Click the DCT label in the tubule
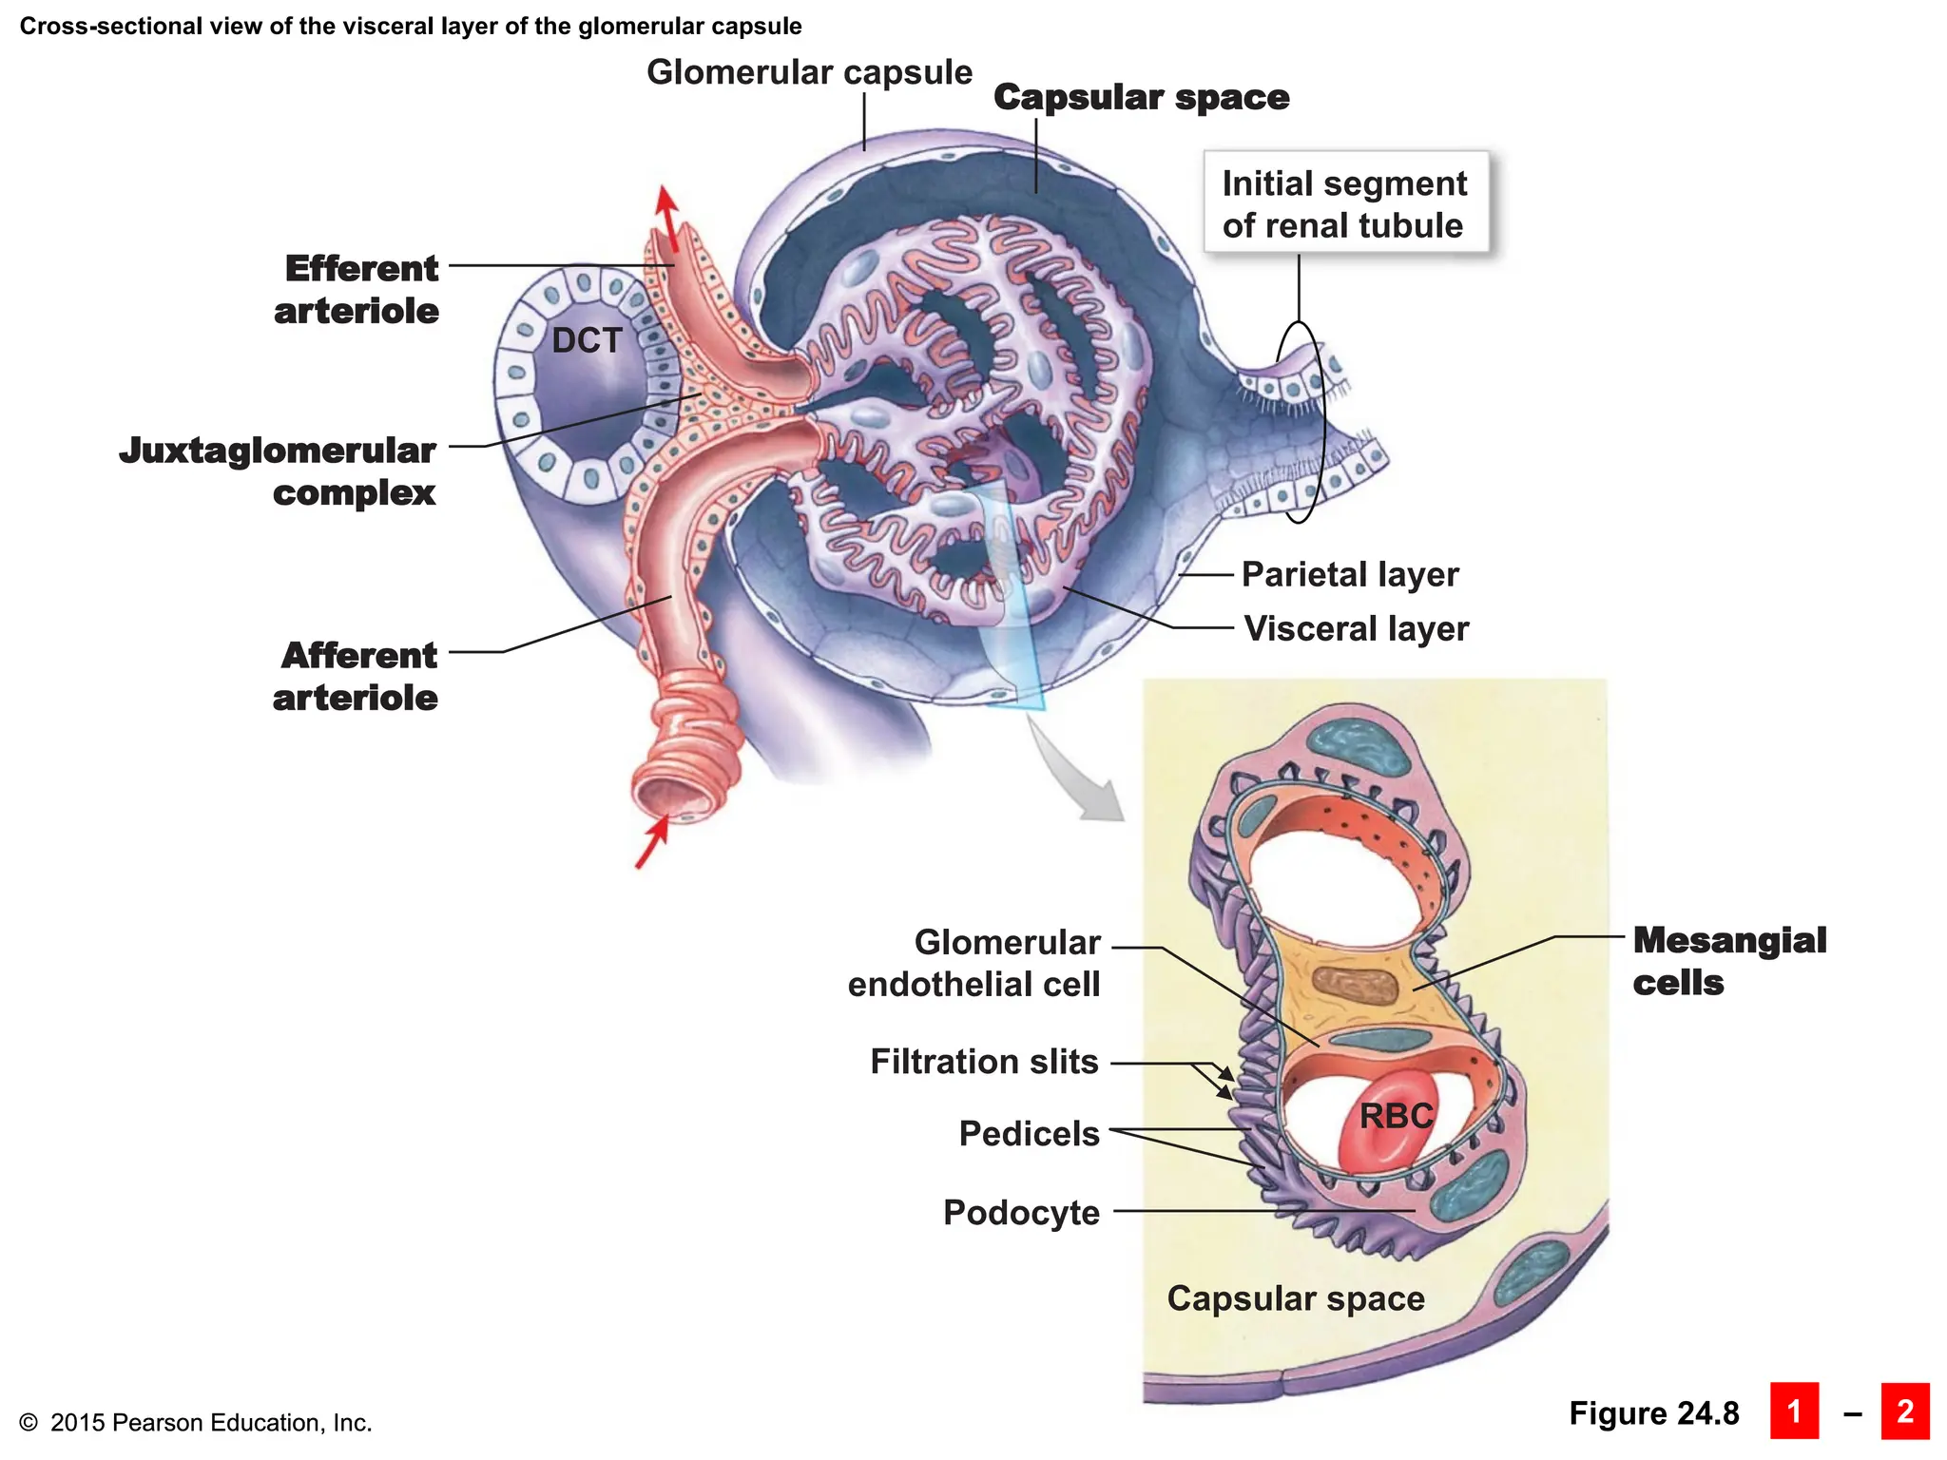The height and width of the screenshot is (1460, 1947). (x=587, y=340)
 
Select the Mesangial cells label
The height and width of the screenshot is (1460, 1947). (x=1728, y=961)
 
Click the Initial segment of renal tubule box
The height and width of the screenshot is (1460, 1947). (x=1345, y=203)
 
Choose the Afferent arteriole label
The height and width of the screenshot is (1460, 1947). (x=357, y=676)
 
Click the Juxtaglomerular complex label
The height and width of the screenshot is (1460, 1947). (x=279, y=471)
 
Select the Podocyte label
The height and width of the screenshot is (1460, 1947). (x=1021, y=1212)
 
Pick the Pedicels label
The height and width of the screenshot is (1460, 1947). (x=1029, y=1133)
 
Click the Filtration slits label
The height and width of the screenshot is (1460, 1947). (x=984, y=1061)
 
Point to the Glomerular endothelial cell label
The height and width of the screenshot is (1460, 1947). (x=974, y=963)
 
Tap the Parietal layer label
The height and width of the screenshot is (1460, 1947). (x=1350, y=574)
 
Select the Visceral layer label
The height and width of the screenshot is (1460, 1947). (x=1357, y=628)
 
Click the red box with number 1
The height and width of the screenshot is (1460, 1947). (x=1794, y=1412)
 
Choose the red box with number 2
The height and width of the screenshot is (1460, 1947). (x=1904, y=1412)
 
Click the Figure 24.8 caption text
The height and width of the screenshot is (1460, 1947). (x=1653, y=1413)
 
